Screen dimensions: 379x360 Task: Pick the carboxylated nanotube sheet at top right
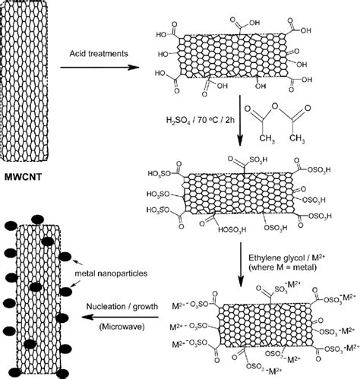(241, 58)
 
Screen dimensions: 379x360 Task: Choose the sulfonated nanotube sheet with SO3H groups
(241, 192)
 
